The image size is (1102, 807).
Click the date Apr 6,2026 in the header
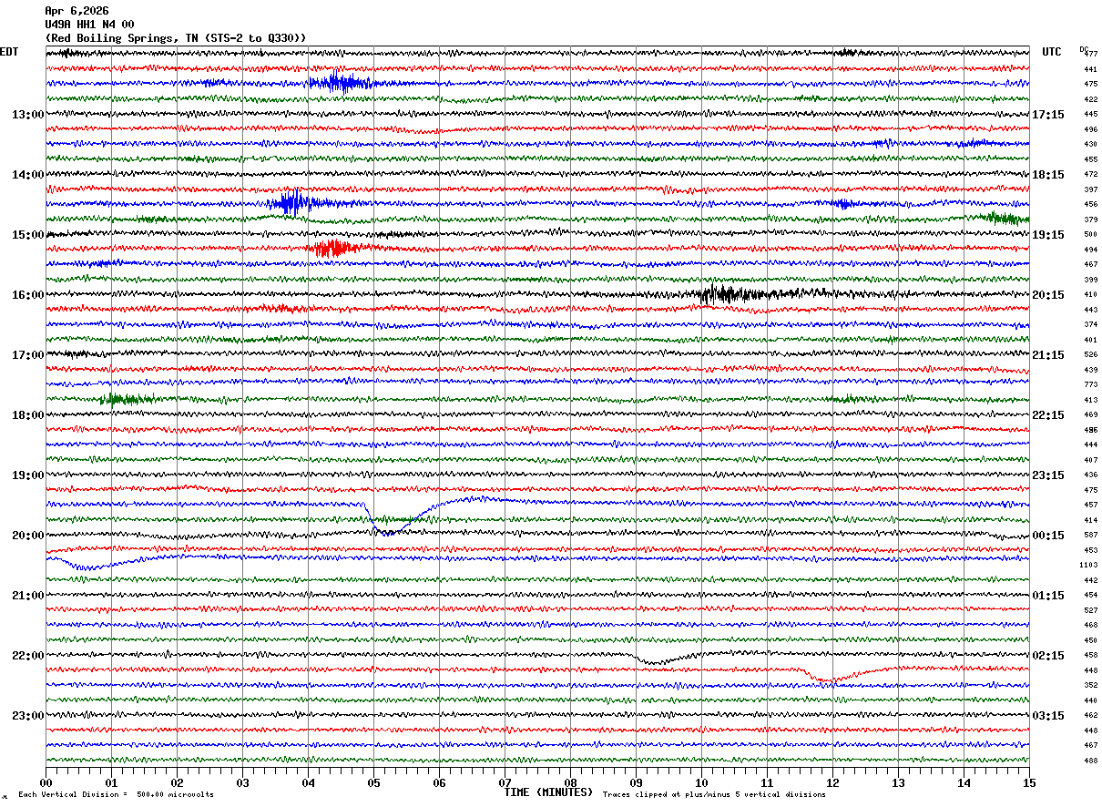[x=77, y=11]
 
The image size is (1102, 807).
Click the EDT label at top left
[x=9, y=52]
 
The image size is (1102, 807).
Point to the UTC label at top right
[x=1052, y=52]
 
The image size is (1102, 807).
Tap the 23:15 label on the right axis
[x=1047, y=475]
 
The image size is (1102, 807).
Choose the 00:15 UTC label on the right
[x=1047, y=536]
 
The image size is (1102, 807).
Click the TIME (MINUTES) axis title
[x=548, y=792]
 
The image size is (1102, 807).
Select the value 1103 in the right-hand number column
[x=1088, y=566]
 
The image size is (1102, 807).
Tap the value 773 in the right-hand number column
[x=1090, y=385]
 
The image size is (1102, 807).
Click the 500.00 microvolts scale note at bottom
[x=176, y=795]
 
